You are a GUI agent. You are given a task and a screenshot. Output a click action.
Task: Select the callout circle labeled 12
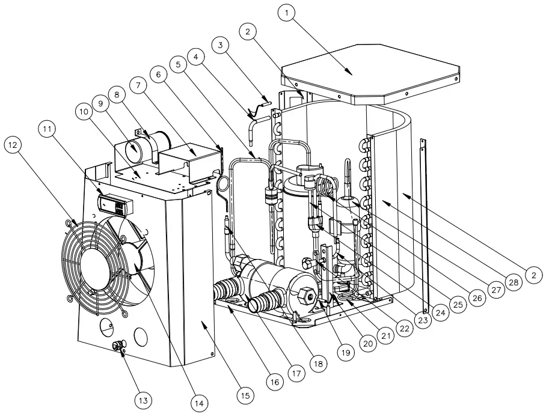point(14,144)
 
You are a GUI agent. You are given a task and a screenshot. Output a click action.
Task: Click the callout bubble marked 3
point(221,45)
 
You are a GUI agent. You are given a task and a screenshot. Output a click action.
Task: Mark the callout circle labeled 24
point(442,312)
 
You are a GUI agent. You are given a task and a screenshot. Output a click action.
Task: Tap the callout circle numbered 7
point(138,86)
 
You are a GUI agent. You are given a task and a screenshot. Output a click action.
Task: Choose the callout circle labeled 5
point(177,62)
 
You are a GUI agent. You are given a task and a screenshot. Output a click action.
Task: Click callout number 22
point(403,327)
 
